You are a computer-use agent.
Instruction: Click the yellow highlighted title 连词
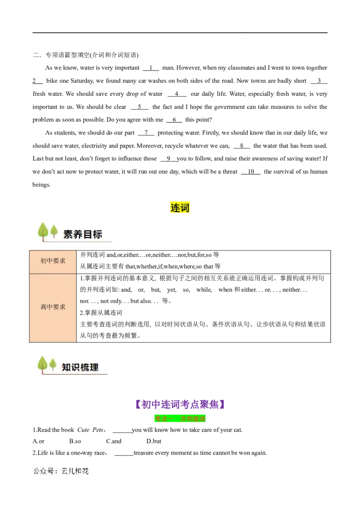(180, 207)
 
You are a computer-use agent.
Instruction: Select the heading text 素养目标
(83, 234)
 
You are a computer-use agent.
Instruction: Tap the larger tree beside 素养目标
(43, 231)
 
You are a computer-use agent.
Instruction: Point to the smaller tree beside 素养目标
(54, 231)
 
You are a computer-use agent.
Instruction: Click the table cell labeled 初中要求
(53, 261)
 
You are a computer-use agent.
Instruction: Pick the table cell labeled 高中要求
(53, 307)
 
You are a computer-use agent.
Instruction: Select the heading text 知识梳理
(80, 367)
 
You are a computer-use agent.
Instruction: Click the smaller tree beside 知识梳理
(53, 364)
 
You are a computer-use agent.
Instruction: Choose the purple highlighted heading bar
(180, 405)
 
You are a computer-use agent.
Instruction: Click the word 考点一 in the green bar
(164, 419)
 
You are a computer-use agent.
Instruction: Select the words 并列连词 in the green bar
(193, 419)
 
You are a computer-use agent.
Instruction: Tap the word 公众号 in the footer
(43, 471)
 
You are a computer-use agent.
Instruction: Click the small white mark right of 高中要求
(130, 295)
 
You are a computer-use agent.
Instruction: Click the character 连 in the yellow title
(175, 207)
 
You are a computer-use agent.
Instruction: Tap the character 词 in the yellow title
(185, 207)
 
